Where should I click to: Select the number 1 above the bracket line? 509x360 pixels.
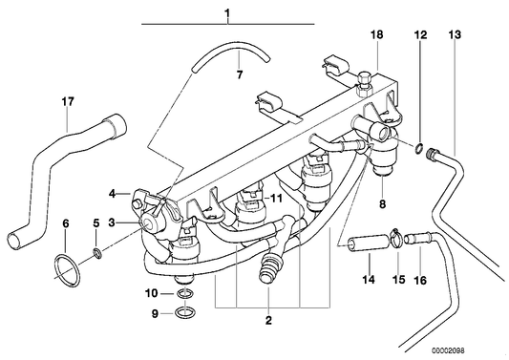[x=228, y=12]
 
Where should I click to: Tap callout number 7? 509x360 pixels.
[x=240, y=73]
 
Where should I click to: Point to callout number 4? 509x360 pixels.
[x=113, y=193]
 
